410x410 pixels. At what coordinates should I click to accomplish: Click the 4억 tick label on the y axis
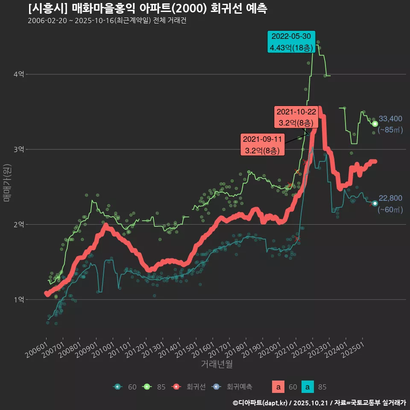[18, 74]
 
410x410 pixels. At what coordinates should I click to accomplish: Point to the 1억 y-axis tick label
[18, 299]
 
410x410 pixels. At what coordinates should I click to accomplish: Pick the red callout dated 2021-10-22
[297, 117]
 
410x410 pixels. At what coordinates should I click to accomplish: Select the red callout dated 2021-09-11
[262, 145]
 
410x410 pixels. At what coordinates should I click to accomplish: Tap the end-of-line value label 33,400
[390, 119]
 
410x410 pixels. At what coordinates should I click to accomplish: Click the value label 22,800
[390, 198]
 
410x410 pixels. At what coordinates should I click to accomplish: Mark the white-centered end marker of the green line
[375, 124]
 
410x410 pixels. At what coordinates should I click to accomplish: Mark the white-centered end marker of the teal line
[375, 203]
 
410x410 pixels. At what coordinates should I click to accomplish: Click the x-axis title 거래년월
[217, 364]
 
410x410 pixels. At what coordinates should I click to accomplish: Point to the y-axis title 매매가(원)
[7, 182]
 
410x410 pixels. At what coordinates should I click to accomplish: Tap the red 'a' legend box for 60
[278, 387]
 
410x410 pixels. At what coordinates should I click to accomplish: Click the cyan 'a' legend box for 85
[308, 387]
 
